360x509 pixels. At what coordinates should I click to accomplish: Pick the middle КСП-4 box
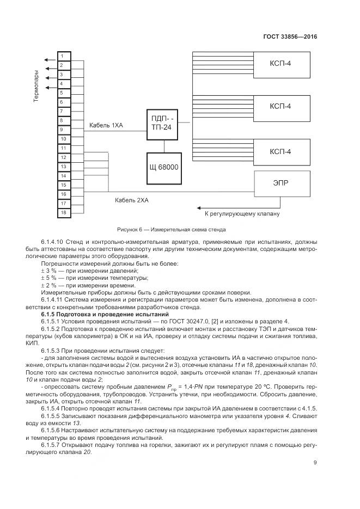(x=280, y=106)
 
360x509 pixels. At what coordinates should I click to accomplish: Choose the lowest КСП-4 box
(x=280, y=151)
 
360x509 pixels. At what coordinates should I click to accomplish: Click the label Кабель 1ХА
(x=106, y=126)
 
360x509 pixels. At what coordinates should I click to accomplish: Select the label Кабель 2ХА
(x=132, y=200)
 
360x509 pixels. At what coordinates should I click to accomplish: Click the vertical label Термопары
(x=36, y=86)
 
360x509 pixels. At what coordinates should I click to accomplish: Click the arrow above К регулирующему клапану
(x=229, y=206)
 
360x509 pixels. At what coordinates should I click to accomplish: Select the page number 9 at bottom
(x=315, y=463)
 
